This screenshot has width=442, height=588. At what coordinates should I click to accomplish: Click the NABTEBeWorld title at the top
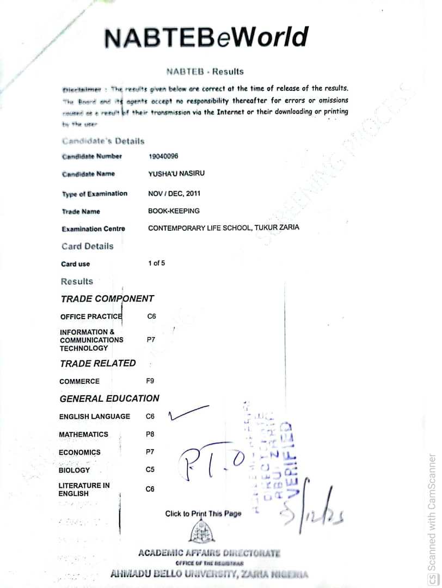click(206, 38)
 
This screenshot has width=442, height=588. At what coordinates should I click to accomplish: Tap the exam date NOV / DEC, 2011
click(174, 193)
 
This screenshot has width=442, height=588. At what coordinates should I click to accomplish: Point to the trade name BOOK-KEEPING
click(174, 211)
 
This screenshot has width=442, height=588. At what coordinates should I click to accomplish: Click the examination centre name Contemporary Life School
click(223, 228)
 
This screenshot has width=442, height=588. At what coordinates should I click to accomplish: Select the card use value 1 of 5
click(156, 264)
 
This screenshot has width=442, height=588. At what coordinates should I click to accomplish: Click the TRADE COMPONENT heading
click(107, 299)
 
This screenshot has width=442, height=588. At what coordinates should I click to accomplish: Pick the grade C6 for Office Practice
click(151, 316)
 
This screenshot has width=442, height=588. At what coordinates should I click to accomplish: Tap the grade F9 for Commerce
click(150, 381)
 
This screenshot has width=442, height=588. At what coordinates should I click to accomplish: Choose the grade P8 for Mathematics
click(150, 434)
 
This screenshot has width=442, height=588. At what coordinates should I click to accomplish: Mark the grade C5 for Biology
click(150, 470)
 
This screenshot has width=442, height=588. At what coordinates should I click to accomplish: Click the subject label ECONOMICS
click(79, 452)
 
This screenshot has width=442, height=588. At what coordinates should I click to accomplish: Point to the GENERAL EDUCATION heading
click(109, 399)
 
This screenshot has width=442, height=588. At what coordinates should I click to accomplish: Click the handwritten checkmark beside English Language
click(188, 413)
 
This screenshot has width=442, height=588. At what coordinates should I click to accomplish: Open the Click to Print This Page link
click(203, 513)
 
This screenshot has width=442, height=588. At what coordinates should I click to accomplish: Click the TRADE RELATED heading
click(98, 364)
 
